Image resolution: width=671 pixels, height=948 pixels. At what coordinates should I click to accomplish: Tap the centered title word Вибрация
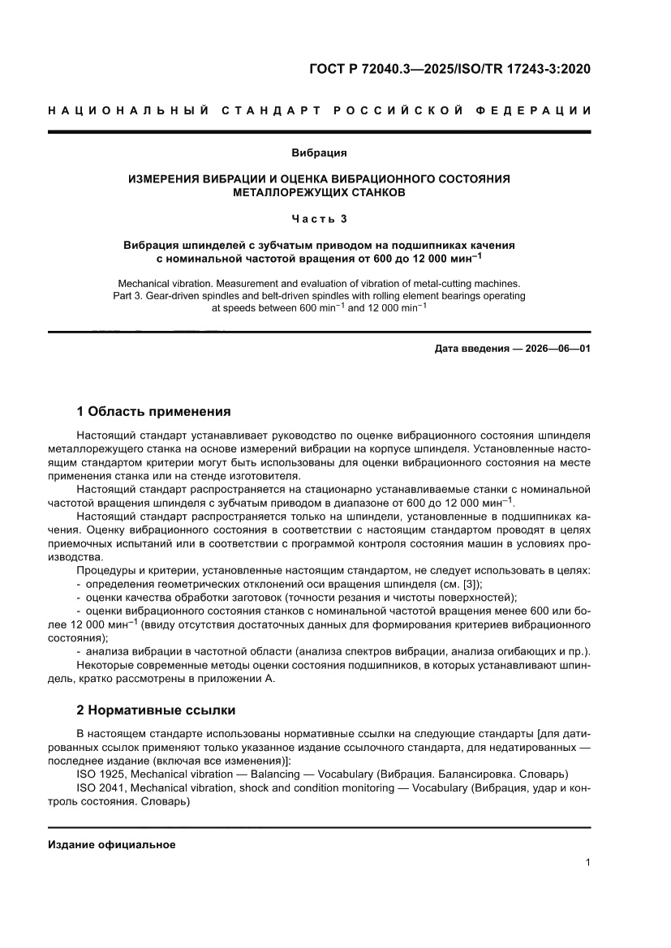tap(320, 152)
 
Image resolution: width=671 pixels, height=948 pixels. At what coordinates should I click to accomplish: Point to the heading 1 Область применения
tap(153, 411)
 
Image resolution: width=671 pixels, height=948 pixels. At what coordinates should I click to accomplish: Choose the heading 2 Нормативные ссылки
tap(156, 710)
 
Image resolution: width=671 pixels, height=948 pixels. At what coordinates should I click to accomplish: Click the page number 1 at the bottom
tap(587, 862)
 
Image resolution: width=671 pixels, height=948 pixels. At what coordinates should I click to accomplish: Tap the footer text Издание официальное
tap(112, 844)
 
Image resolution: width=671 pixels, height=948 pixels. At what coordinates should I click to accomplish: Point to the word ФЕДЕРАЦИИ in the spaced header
tap(536, 110)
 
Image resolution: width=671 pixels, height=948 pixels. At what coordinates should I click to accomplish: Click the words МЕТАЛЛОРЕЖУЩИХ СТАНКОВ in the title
tap(319, 193)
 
